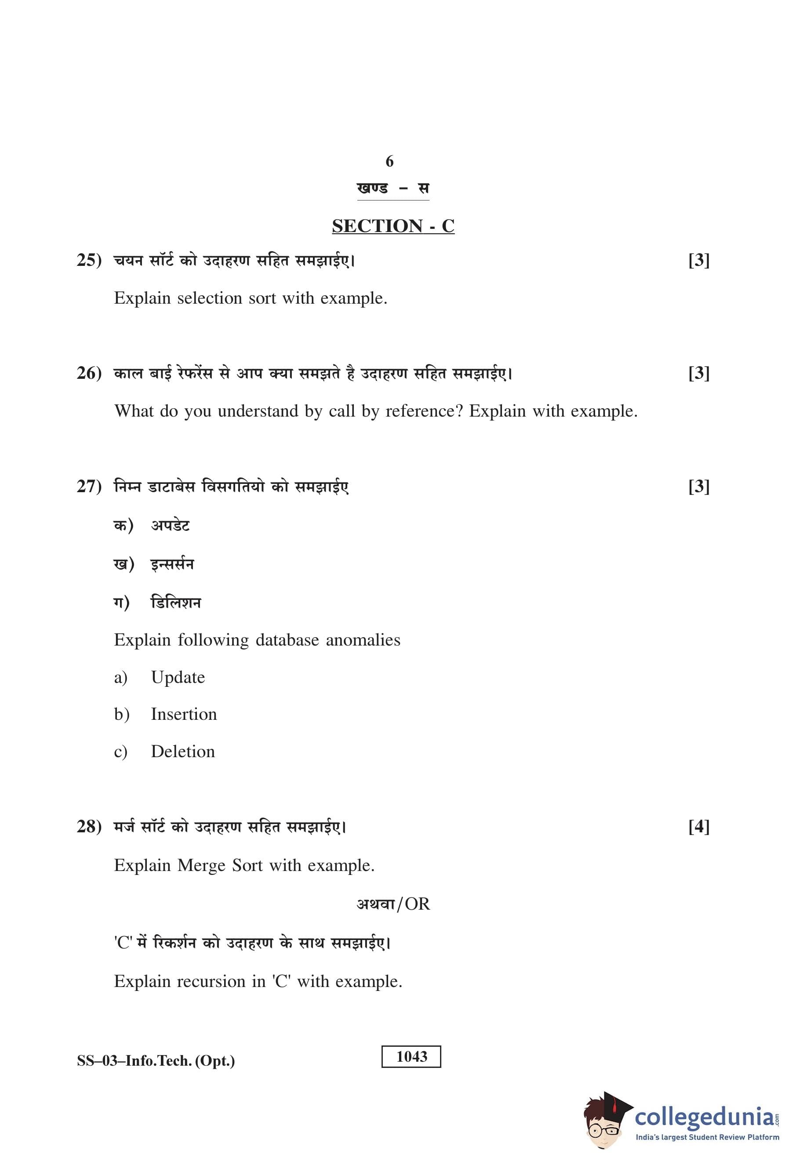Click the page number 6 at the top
[389, 161]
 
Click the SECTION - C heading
[393, 226]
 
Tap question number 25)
[89, 260]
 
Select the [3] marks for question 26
[698, 373]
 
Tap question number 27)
[89, 486]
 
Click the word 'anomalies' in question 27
[363, 640]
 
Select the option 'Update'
[178, 677]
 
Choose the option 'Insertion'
[184, 715]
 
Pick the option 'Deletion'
[183, 752]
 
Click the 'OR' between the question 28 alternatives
[417, 904]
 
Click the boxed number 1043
[411, 1056]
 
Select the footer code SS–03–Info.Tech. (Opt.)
[156, 1061]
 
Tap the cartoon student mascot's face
[602, 1124]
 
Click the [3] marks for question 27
[698, 486]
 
